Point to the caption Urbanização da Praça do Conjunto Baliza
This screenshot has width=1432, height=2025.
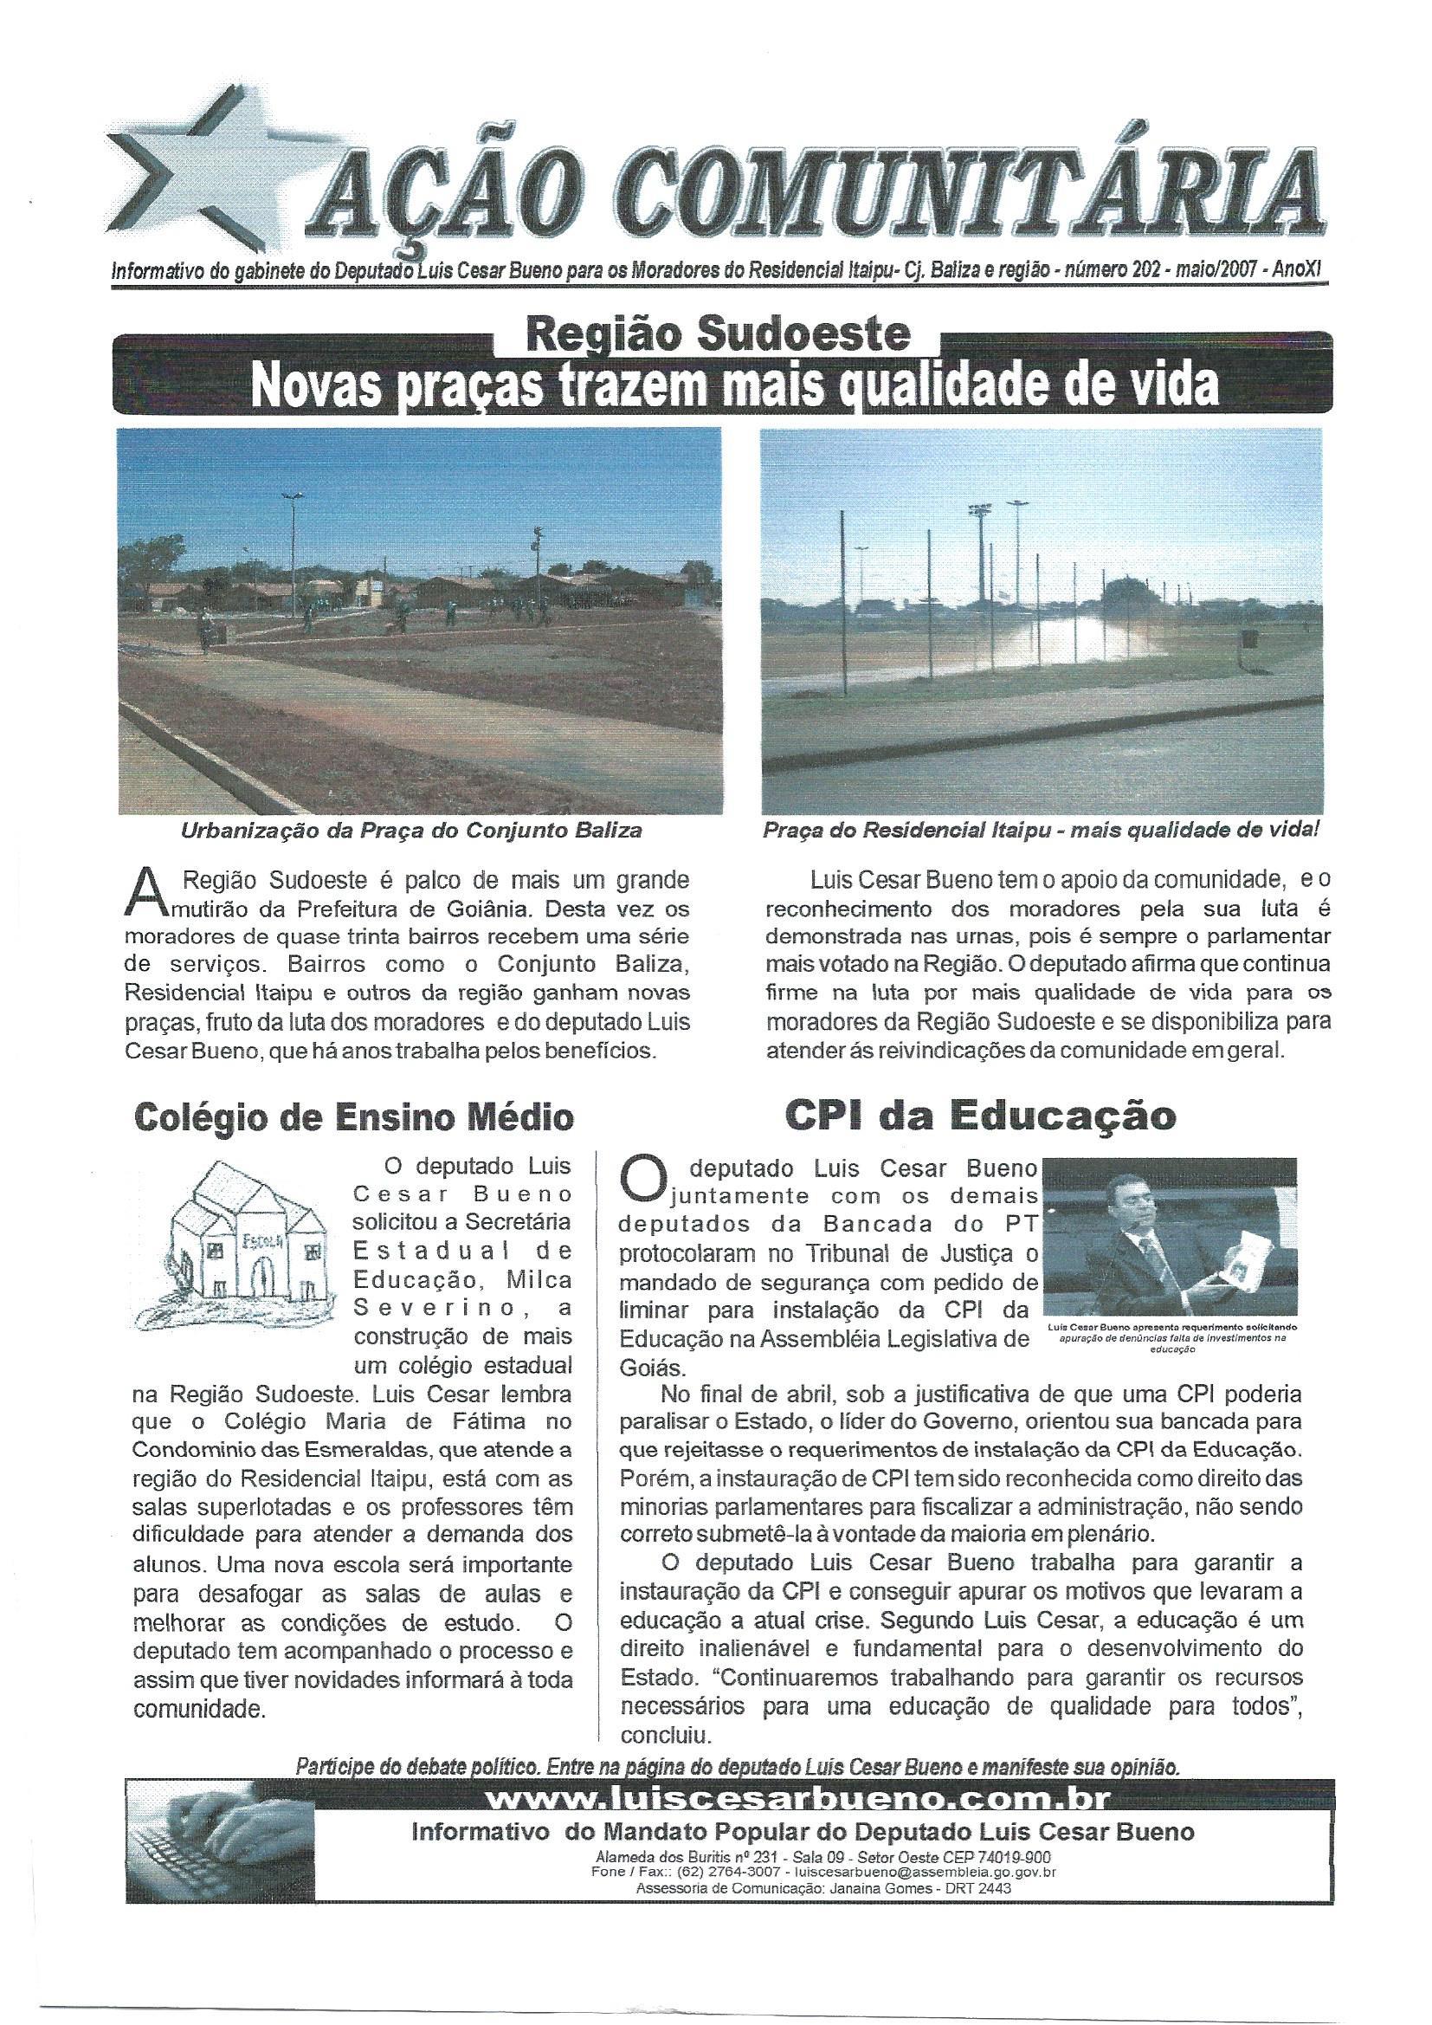411,830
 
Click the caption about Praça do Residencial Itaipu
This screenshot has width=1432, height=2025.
1041,830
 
